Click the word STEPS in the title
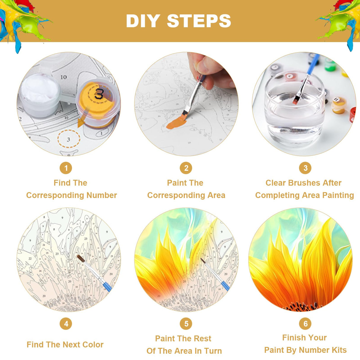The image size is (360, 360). (199, 21)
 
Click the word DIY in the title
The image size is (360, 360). (143, 21)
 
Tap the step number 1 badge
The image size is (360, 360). (66, 168)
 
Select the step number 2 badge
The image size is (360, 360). (186, 168)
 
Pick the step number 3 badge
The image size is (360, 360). (305, 168)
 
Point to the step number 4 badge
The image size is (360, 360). (66, 324)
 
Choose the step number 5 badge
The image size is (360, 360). (186, 324)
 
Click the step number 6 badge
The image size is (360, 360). (305, 323)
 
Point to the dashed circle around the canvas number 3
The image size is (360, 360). (69, 139)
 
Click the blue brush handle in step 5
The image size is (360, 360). (224, 285)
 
